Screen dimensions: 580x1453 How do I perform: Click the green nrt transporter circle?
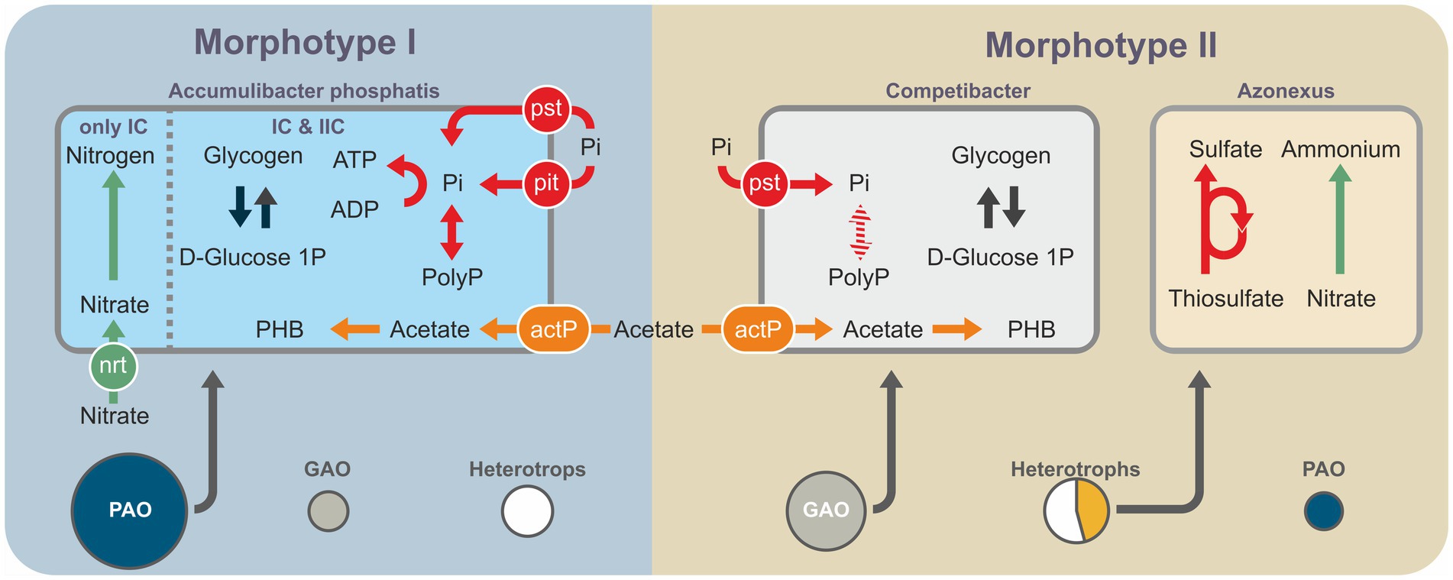click(113, 366)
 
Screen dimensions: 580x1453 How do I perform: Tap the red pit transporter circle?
click(546, 183)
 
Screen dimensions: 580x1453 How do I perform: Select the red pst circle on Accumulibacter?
click(546, 109)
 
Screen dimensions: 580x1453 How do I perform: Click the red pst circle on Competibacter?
click(765, 183)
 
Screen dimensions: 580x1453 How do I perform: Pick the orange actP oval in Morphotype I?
click(554, 329)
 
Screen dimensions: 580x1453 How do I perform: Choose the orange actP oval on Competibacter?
click(758, 329)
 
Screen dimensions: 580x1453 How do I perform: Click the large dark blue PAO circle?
click(130, 510)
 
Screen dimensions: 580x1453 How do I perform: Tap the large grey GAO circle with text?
click(826, 510)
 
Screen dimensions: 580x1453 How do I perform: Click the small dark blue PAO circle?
click(1323, 511)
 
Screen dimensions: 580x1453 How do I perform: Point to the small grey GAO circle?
click(328, 511)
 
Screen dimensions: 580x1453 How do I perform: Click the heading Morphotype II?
click(1101, 46)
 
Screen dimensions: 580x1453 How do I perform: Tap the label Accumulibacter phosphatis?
click(304, 91)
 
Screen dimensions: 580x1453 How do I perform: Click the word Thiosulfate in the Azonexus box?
click(1225, 299)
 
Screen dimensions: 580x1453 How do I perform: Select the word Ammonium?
click(1341, 149)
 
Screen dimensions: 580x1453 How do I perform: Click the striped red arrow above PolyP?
click(860, 232)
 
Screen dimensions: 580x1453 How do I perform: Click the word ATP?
click(354, 160)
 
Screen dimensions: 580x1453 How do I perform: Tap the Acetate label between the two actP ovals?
click(654, 329)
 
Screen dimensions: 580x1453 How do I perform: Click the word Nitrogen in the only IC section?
click(110, 156)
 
